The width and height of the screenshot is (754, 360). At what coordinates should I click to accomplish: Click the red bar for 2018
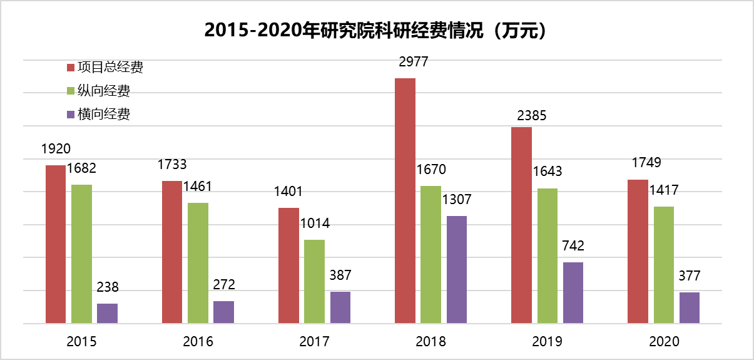click(x=405, y=200)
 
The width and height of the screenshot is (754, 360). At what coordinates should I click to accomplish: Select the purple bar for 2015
click(x=107, y=313)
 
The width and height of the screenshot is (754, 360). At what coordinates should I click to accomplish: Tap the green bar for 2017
click(x=314, y=281)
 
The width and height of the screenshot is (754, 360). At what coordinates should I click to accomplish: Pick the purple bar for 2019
click(x=573, y=292)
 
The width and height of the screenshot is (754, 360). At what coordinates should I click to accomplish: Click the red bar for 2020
click(x=638, y=251)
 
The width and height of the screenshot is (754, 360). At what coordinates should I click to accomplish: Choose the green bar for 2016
click(x=198, y=263)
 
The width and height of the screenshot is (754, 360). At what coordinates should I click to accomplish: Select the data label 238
click(x=107, y=287)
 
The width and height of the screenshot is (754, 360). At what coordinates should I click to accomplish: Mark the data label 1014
click(x=315, y=224)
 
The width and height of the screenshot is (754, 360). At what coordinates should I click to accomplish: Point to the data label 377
click(x=689, y=275)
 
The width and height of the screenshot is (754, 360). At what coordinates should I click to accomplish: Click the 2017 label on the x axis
click(x=314, y=342)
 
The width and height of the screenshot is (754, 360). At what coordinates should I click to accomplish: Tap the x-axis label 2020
click(x=664, y=342)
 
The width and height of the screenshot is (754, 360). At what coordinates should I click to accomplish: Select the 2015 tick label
click(x=81, y=342)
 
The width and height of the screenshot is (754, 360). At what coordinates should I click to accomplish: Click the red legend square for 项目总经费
click(x=71, y=68)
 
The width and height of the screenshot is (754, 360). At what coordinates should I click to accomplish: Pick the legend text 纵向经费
click(x=104, y=91)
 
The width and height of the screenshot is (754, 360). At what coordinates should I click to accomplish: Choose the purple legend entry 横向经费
click(x=104, y=114)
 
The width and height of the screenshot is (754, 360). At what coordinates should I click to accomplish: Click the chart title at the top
click(x=377, y=30)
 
